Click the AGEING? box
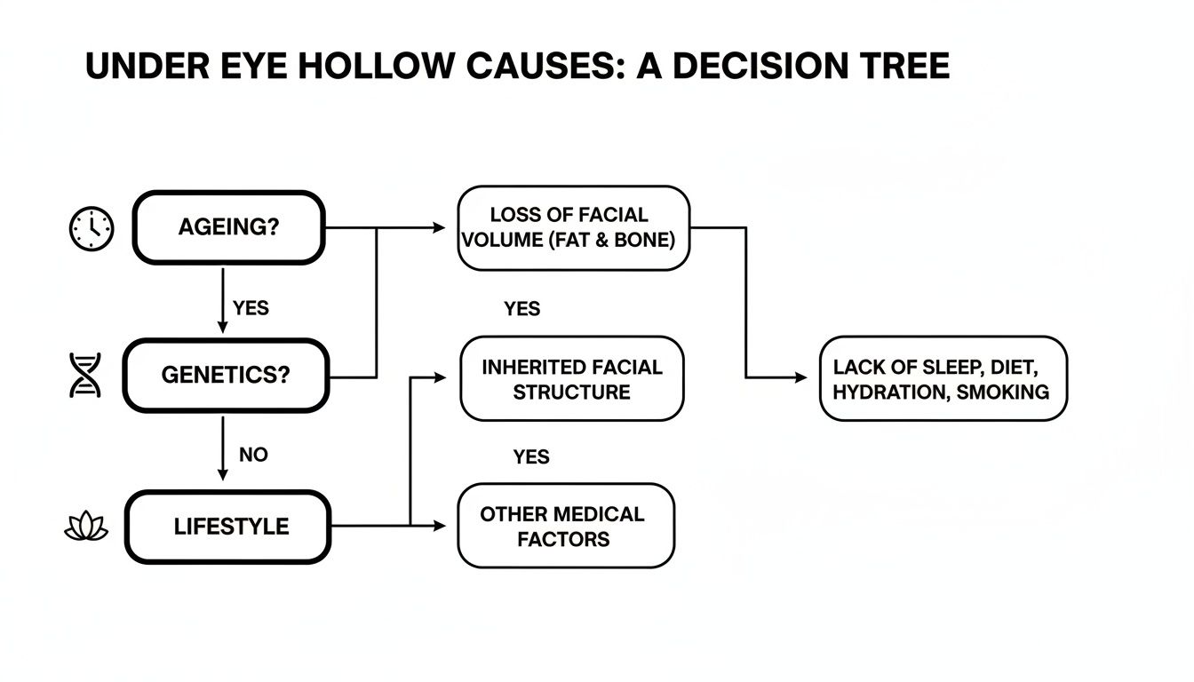[x=229, y=227]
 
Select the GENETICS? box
[x=226, y=375]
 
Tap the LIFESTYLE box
[x=229, y=526]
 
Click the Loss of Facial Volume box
[x=573, y=227]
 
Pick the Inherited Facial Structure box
[x=571, y=379]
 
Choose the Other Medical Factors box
[x=565, y=526]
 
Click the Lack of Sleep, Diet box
[x=942, y=378]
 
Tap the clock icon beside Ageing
[x=91, y=228]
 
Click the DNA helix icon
[x=86, y=375]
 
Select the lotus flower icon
[x=87, y=528]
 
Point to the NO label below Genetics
[x=253, y=455]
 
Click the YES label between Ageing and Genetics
[x=251, y=308]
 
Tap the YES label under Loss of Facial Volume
[x=521, y=309]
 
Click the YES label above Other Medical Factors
[x=531, y=457]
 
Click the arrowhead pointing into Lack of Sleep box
[x=802, y=377]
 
